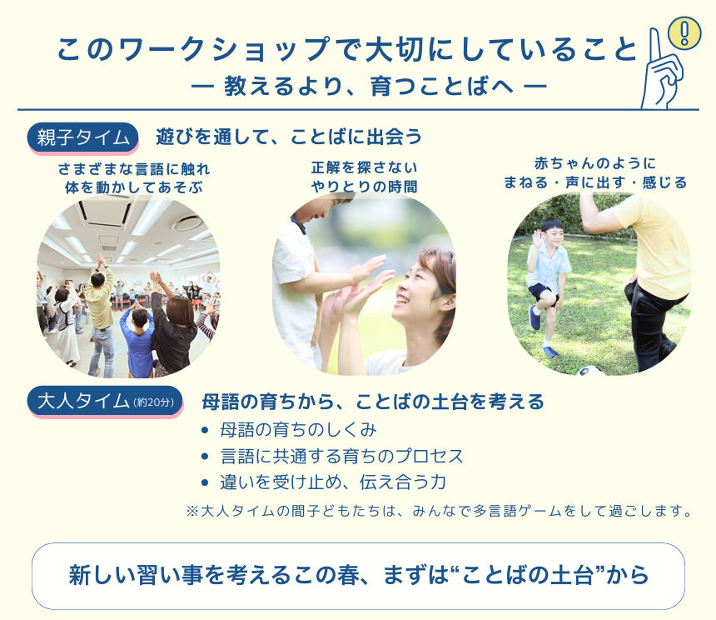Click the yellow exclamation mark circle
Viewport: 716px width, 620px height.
(x=684, y=32)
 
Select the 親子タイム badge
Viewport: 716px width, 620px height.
(x=82, y=137)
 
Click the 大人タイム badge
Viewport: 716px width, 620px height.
(x=105, y=402)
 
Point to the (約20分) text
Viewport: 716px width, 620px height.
(x=154, y=402)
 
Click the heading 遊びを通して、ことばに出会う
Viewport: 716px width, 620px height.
(x=289, y=137)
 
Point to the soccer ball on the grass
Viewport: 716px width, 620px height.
(x=591, y=371)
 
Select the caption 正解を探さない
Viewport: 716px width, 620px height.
(x=365, y=167)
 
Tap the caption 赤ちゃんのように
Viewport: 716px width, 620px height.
(x=595, y=163)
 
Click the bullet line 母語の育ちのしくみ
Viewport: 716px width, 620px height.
(x=298, y=430)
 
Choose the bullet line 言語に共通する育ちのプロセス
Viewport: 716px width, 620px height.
(x=341, y=456)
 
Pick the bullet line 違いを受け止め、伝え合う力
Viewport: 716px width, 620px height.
(x=333, y=482)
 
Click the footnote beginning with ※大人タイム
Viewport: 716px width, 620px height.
(x=440, y=511)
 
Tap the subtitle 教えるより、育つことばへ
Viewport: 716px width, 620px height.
(x=369, y=87)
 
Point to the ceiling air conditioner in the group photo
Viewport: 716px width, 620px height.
(x=105, y=213)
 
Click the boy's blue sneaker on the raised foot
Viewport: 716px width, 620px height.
(x=535, y=317)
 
